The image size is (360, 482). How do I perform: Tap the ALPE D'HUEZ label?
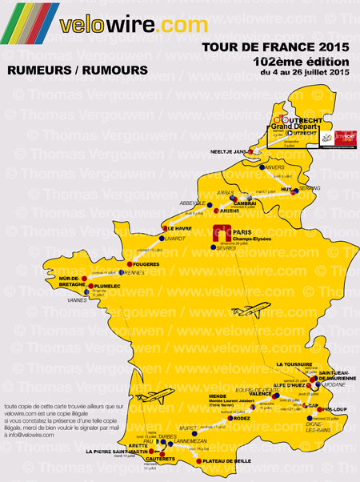(293, 385)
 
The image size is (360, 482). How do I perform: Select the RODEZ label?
(239, 418)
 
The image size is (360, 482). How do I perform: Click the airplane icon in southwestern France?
(153, 396)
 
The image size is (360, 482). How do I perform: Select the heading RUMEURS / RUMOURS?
(77, 70)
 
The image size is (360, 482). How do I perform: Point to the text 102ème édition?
(300, 62)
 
